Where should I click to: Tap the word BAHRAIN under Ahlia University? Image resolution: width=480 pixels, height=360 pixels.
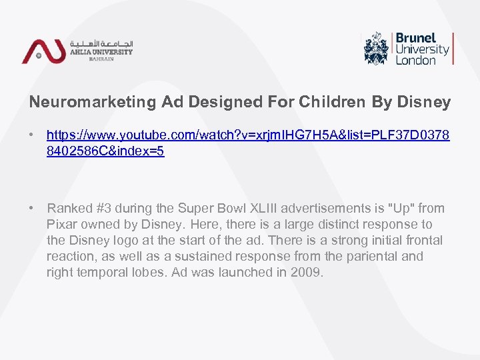click(x=101, y=59)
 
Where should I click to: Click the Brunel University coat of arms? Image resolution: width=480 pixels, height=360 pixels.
click(x=376, y=48)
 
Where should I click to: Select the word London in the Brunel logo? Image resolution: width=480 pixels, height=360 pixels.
click(x=415, y=61)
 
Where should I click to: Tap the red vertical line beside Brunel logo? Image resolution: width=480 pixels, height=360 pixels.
click(x=453, y=48)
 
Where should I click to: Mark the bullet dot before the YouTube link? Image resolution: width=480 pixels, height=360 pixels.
click(x=32, y=135)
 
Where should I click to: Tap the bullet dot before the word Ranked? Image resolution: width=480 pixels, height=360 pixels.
click(x=32, y=208)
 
